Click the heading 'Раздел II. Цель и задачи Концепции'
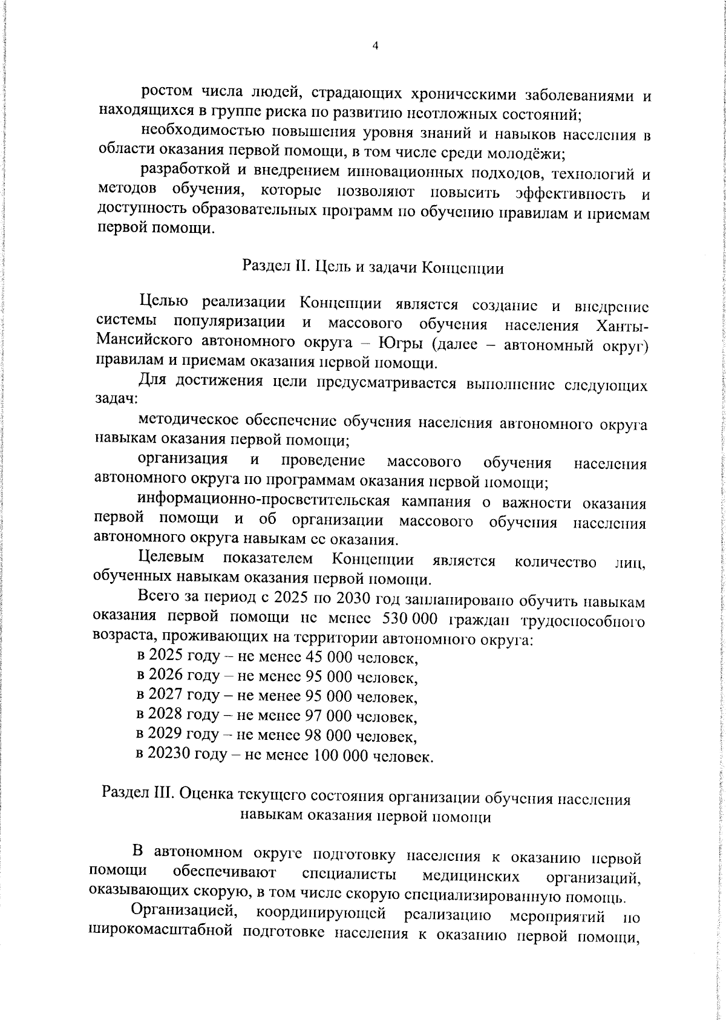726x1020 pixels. [373, 267]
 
